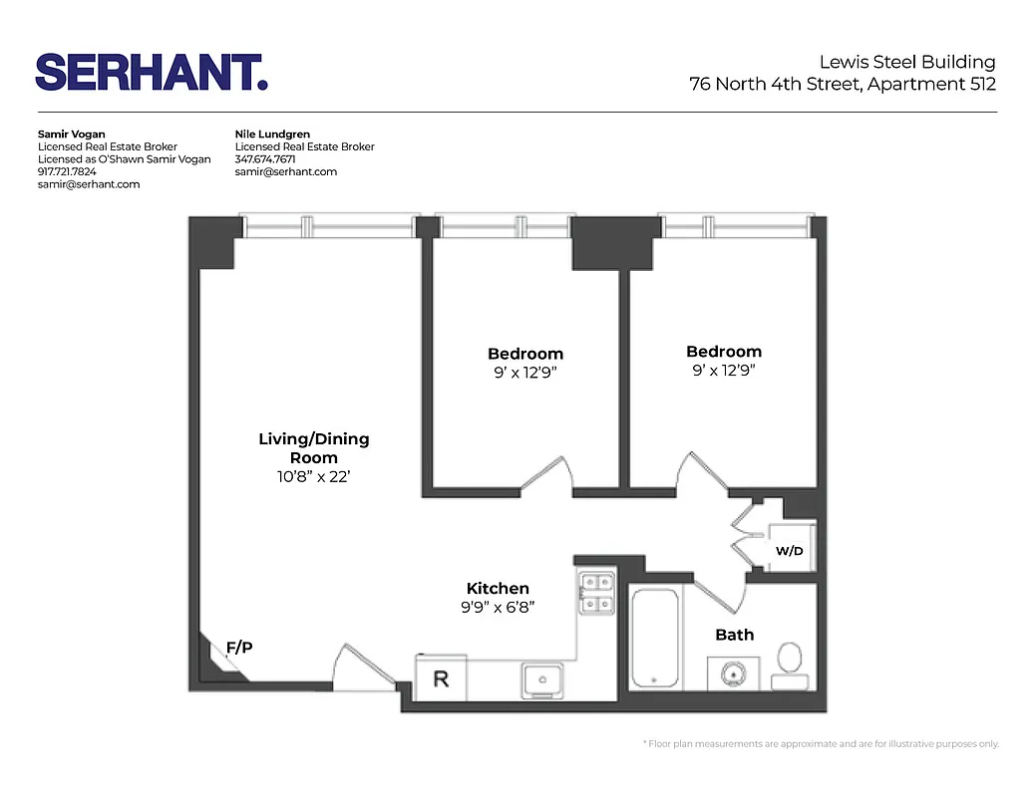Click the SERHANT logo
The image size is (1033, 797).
pyautogui.click(x=152, y=72)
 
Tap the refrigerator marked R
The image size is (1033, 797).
pyautogui.click(x=440, y=679)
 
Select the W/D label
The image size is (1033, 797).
pyautogui.click(x=790, y=551)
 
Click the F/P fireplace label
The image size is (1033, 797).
pyautogui.click(x=239, y=649)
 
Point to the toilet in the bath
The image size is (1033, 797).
pyautogui.click(x=789, y=663)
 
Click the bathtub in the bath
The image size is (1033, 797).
pyautogui.click(x=655, y=637)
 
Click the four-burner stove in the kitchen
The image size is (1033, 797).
pyautogui.click(x=596, y=593)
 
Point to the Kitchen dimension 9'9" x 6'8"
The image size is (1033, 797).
pyautogui.click(x=498, y=608)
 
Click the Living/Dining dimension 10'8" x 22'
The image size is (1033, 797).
pyautogui.click(x=313, y=477)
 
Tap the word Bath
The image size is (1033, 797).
pyautogui.click(x=735, y=635)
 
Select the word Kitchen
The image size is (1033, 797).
pyautogui.click(x=498, y=589)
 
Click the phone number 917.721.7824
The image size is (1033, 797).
pyautogui.click(x=67, y=171)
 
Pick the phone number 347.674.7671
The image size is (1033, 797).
pyautogui.click(x=265, y=159)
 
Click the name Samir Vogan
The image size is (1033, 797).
pyautogui.click(x=70, y=133)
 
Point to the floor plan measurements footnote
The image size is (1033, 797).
pyautogui.click(x=821, y=744)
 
